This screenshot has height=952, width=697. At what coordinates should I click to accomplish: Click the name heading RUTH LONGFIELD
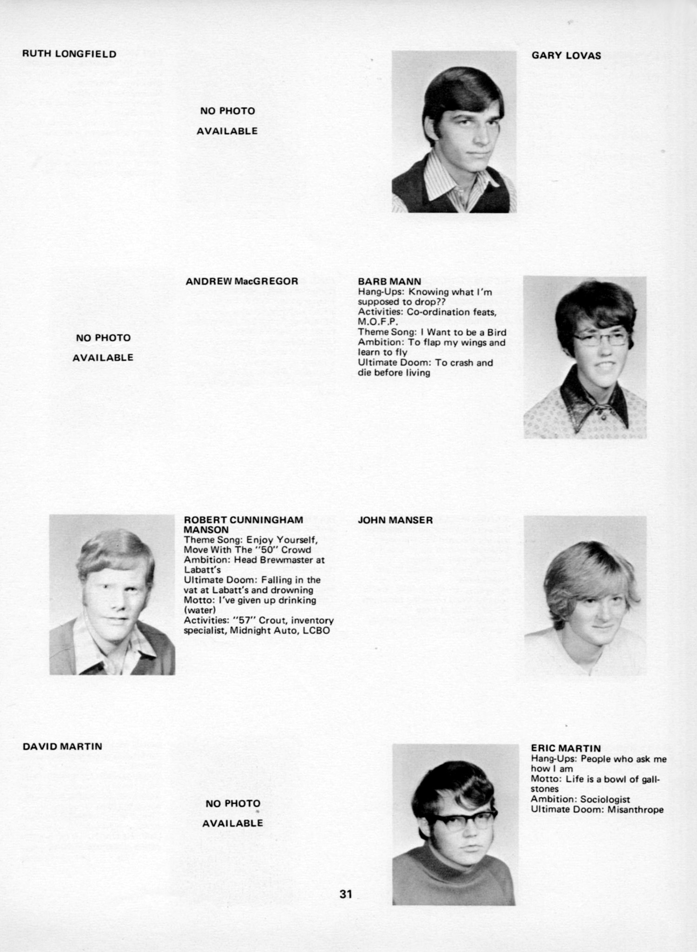pos(69,54)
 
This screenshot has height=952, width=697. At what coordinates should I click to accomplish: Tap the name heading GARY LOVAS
pos(566,56)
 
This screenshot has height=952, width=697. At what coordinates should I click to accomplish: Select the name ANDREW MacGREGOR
pos(242,281)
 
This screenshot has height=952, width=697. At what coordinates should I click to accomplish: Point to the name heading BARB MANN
pos(389,281)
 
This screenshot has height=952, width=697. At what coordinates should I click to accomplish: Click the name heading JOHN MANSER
pos(395,520)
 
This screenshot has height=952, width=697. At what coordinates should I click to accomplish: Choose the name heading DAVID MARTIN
pos(62,747)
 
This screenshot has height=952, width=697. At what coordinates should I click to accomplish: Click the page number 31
pos(346,894)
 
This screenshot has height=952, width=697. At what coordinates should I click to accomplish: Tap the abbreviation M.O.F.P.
pos(378,322)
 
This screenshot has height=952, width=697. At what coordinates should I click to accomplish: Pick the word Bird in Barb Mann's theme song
pos(497,332)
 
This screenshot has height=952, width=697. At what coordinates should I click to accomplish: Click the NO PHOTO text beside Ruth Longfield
pos(227,111)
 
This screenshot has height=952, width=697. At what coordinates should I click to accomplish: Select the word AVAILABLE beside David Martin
pos(232,823)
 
